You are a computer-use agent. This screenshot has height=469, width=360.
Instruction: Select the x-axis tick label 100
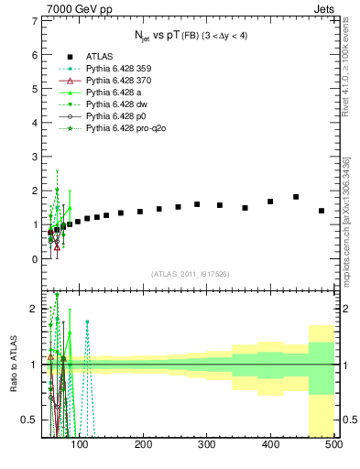[x=80, y=445]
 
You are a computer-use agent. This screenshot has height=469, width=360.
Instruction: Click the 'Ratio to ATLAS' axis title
[x=14, y=365]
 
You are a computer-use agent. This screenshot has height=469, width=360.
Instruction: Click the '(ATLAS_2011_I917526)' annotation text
[x=190, y=274]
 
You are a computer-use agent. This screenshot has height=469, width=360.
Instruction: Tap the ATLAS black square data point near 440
[x=296, y=197]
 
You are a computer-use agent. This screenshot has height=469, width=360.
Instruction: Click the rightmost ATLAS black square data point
[x=322, y=211]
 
